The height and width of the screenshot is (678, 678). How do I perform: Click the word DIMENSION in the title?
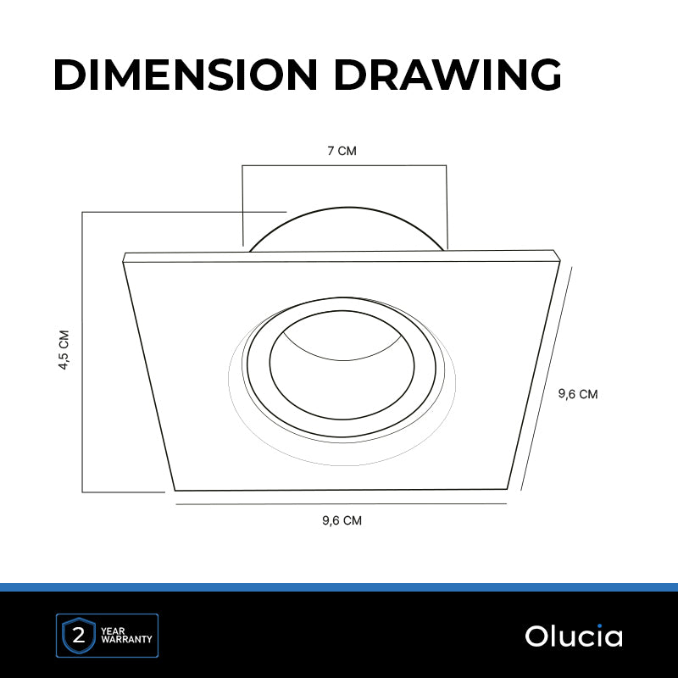tap(186, 75)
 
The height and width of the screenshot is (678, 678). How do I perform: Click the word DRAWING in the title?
tap(447, 75)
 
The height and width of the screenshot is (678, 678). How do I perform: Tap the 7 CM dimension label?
tap(342, 151)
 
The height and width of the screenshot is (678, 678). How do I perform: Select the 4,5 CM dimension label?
tap(64, 350)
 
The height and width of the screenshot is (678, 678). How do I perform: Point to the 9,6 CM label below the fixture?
tap(342, 520)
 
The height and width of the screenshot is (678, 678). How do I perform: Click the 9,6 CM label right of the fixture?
tap(578, 394)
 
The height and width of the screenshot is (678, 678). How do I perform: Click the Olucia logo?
tap(574, 636)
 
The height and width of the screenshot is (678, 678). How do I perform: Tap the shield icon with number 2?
tap(79, 636)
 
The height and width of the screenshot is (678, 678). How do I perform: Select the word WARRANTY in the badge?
tap(126, 639)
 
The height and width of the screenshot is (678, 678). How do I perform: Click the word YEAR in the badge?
tap(113, 631)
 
